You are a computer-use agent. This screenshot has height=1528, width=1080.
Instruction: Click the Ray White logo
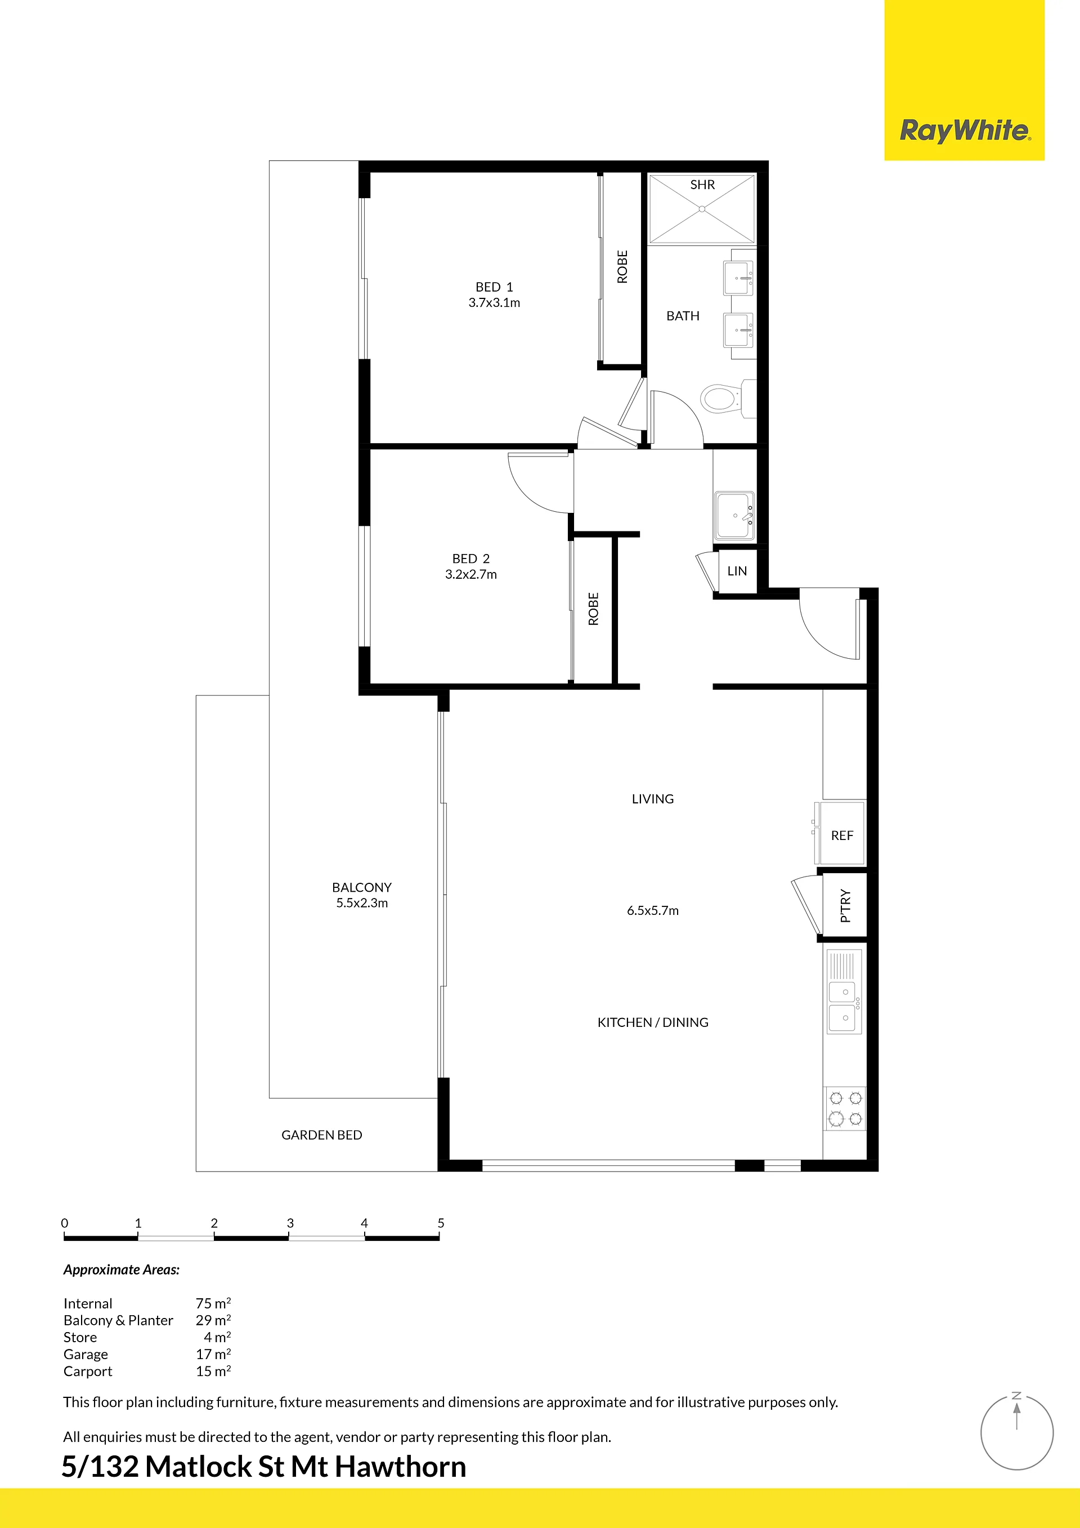click(x=965, y=131)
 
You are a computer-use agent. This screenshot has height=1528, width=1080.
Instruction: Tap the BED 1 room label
click(x=494, y=287)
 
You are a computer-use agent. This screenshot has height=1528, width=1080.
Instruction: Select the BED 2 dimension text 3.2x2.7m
click(x=471, y=574)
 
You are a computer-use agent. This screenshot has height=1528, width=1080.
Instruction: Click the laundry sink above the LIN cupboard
click(x=734, y=516)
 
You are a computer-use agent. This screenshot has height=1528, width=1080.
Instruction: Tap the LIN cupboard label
click(x=737, y=571)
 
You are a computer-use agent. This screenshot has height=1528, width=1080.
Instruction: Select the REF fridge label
click(x=842, y=835)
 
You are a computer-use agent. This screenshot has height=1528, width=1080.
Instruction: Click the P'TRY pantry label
click(x=845, y=905)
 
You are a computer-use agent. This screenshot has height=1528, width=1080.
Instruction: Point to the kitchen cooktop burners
click(x=845, y=1108)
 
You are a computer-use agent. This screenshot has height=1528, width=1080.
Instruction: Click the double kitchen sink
click(x=844, y=1005)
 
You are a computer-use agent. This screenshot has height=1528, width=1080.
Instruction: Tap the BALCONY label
click(x=361, y=887)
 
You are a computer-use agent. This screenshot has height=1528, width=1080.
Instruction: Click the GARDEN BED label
click(x=321, y=1134)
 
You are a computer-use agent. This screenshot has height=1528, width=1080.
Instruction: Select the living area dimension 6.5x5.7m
click(x=653, y=910)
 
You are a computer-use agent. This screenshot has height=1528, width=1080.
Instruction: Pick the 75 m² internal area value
click(x=213, y=1303)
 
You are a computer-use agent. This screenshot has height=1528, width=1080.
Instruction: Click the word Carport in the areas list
click(x=88, y=1371)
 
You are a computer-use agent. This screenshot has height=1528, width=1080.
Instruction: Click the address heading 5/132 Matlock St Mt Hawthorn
click(x=264, y=1466)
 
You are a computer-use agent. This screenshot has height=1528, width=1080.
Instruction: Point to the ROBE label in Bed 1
click(x=622, y=267)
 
